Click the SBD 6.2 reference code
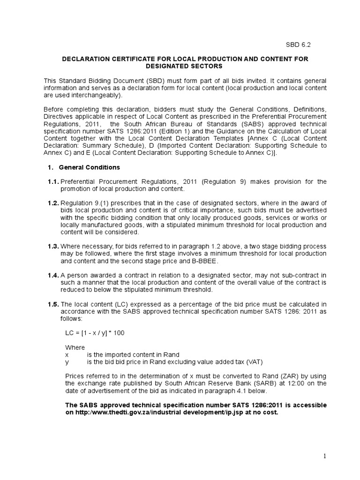298,45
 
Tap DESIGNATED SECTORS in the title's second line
185,66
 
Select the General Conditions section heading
89,167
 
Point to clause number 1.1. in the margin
52,181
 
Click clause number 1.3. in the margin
52,247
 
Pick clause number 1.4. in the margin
52,275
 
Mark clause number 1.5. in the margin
52,304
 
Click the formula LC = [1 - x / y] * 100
95,333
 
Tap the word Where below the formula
75,347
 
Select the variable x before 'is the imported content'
67,354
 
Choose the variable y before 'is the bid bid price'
67,362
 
